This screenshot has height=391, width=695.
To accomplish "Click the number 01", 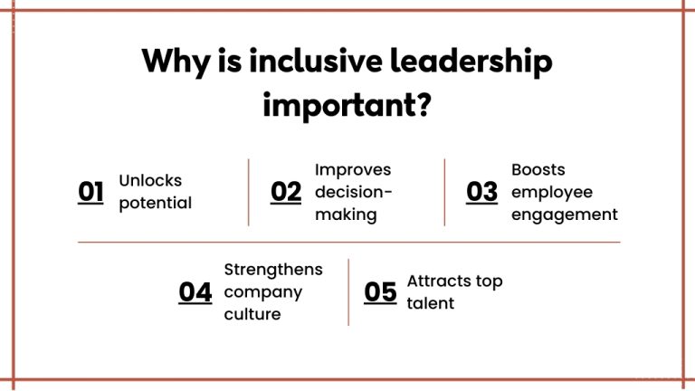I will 90,192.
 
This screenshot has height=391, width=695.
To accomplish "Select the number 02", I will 286,192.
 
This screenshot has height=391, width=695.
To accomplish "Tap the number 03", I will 481,192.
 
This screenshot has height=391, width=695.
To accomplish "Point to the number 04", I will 195,292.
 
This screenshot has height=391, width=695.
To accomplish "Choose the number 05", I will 380,292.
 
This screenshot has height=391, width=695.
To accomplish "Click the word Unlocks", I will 150,180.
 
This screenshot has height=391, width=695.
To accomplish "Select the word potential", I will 156,203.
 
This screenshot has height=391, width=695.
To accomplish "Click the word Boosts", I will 538,169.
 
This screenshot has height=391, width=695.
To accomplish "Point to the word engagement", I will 564,215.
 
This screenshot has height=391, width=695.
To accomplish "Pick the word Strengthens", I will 273,270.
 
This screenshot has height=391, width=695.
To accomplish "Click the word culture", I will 252,315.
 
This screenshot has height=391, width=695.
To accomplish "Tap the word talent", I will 431,304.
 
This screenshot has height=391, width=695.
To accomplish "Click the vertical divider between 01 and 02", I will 248,192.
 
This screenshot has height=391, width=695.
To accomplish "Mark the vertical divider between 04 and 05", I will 348,292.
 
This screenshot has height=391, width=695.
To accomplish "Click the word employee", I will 552,192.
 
